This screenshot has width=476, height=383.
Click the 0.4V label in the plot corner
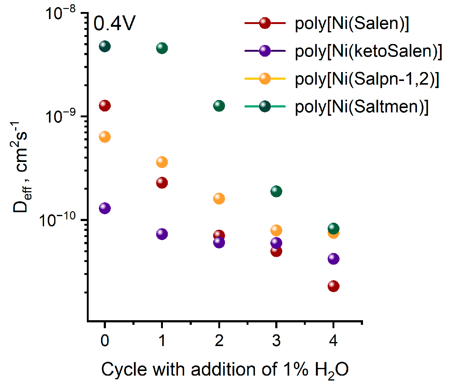(114, 23)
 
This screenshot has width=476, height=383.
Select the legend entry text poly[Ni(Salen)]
(352, 23)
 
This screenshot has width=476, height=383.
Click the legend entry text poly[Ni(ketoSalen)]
(368, 51)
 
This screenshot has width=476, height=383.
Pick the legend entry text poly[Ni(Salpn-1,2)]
(367, 79)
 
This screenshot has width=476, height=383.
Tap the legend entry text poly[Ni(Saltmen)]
(361, 107)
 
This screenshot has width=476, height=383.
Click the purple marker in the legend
(265, 51)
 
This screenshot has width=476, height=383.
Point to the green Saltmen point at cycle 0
(105, 46)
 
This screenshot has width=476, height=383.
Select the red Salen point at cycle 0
(105, 106)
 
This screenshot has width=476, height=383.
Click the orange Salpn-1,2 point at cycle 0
(105, 137)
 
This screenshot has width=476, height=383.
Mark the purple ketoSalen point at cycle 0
(105, 208)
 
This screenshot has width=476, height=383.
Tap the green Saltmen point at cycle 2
(219, 106)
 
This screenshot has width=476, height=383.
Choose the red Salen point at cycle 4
(333, 286)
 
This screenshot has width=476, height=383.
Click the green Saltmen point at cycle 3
(276, 191)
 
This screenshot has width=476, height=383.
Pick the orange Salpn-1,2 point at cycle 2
(219, 199)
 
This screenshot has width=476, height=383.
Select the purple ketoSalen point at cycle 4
(333, 259)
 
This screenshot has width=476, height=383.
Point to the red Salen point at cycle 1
(162, 183)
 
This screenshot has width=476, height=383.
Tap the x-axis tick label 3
(276, 341)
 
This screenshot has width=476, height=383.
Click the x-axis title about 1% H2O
(225, 369)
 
